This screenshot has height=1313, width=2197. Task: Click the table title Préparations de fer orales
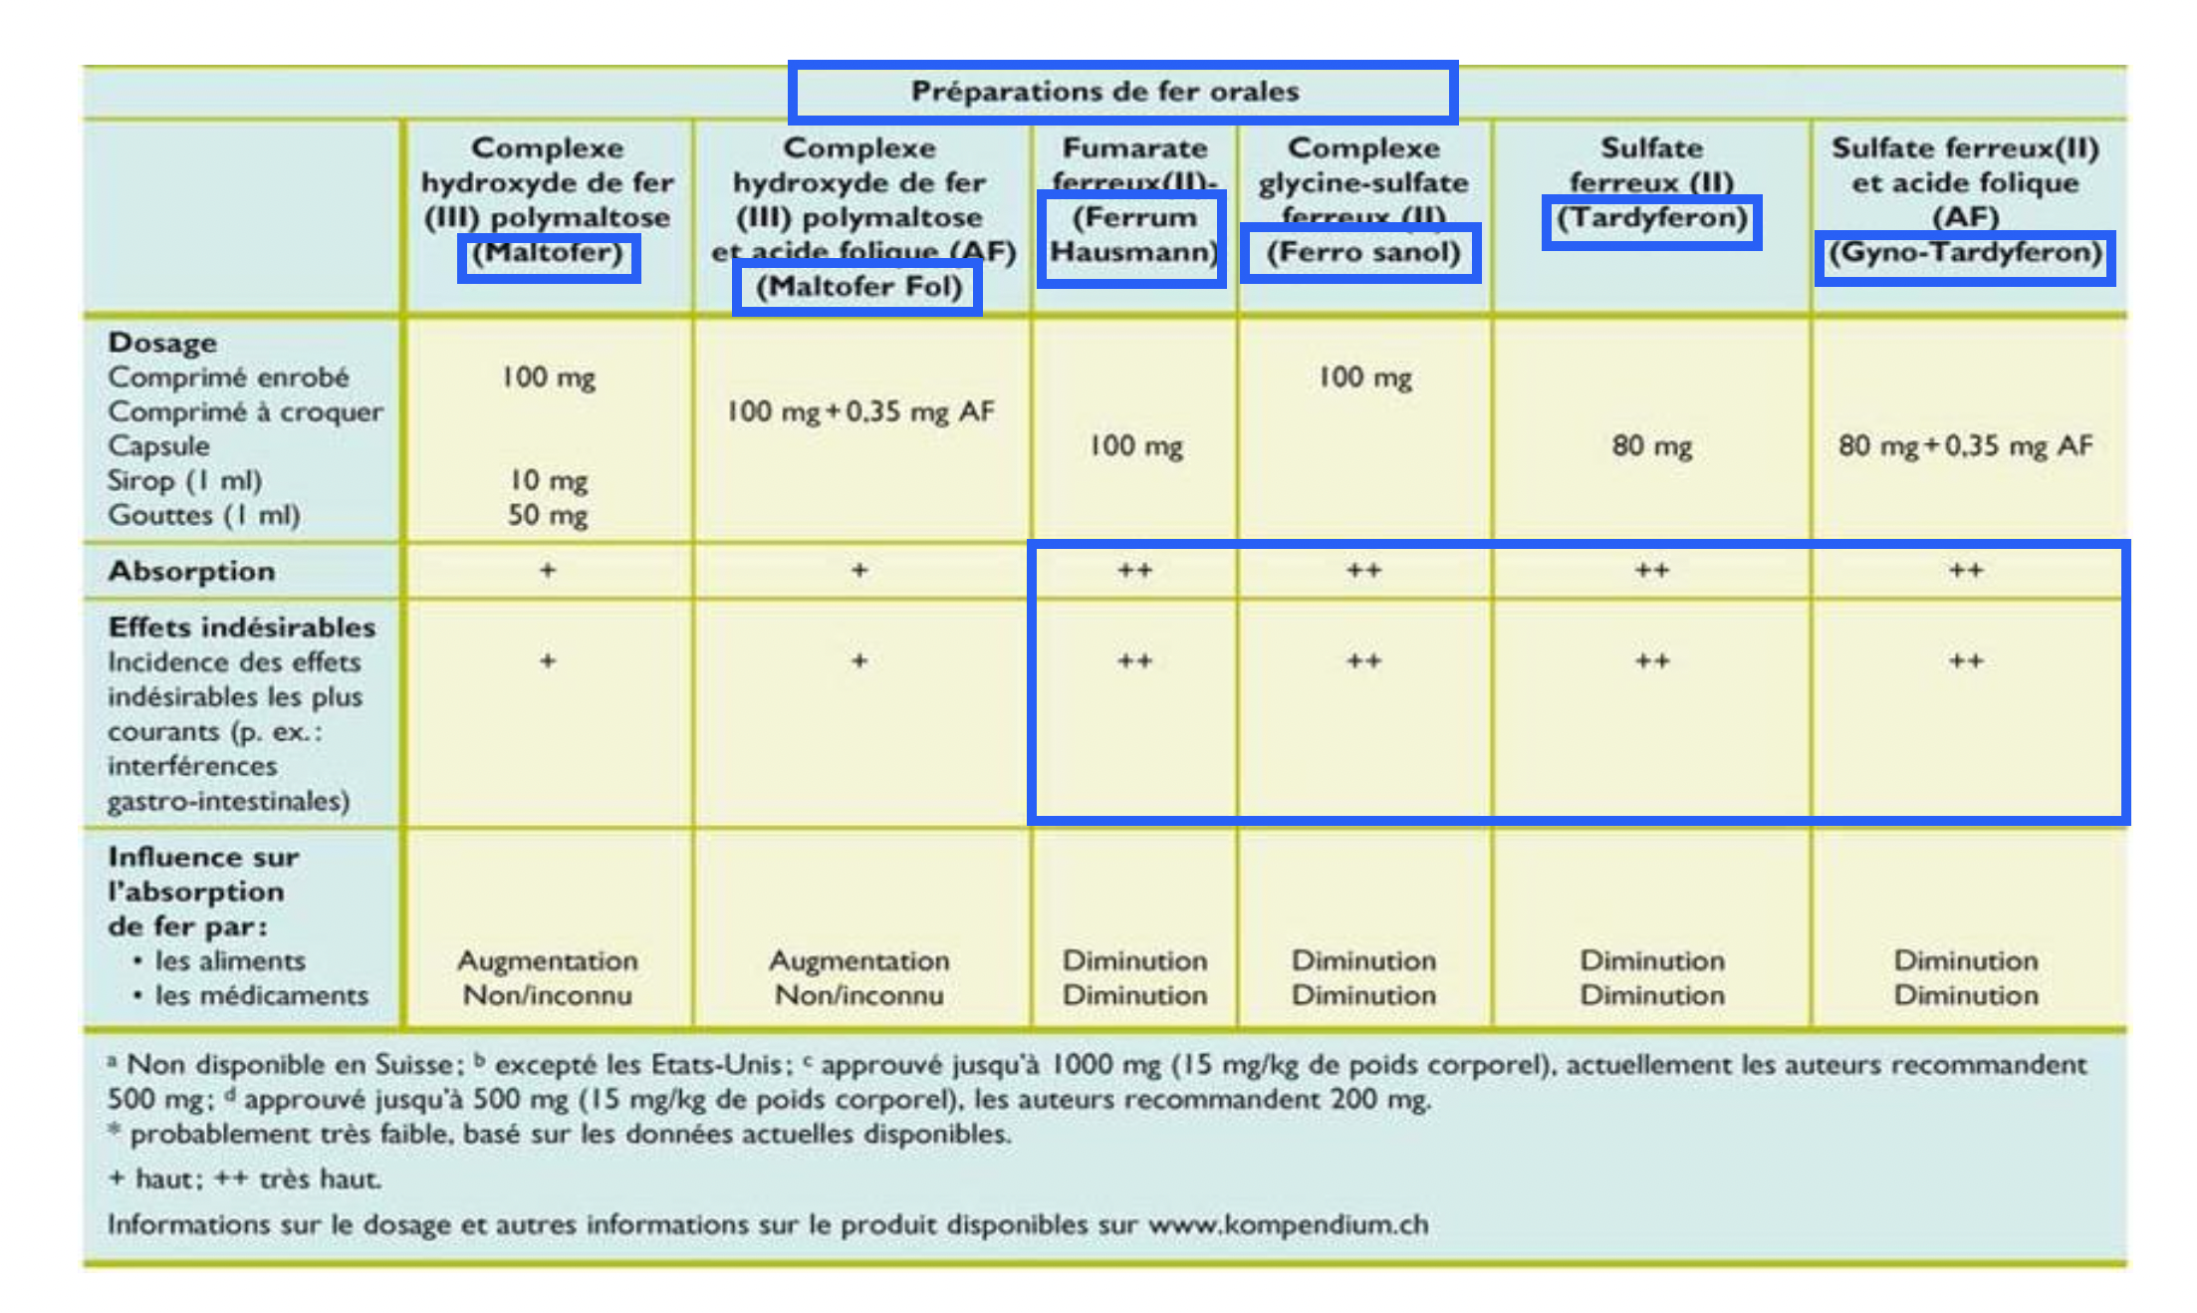[x=1104, y=92]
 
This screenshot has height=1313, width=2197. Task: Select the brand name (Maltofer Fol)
[x=858, y=287]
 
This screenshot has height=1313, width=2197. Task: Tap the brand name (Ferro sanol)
[x=1362, y=252]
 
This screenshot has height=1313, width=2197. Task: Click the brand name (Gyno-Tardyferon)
[x=1965, y=252]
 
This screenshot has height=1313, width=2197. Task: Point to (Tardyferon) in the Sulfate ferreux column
[x=1651, y=218]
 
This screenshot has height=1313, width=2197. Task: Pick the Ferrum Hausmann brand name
[x=1133, y=235]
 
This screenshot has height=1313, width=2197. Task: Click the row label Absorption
[x=191, y=571]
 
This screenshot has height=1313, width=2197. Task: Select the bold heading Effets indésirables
[x=242, y=628]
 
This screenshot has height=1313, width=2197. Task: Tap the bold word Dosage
[x=162, y=343]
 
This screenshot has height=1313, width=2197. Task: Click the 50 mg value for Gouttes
[x=548, y=515]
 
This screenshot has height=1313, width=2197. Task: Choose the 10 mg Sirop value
[x=549, y=480]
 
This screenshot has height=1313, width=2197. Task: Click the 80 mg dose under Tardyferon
[x=1651, y=445]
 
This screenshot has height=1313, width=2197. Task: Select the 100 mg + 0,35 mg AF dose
[x=859, y=411]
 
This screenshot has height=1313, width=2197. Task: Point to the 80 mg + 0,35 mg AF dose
[x=1965, y=445]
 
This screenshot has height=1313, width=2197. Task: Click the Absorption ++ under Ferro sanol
[x=1363, y=571]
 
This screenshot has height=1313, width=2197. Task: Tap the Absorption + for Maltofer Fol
[x=859, y=571]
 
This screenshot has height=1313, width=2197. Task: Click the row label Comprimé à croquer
[x=245, y=411]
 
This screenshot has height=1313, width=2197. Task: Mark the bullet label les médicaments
[x=261, y=995]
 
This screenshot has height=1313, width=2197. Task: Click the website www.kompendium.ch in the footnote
[x=1288, y=1224]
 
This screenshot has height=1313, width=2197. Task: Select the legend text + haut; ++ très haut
[x=245, y=1180]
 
